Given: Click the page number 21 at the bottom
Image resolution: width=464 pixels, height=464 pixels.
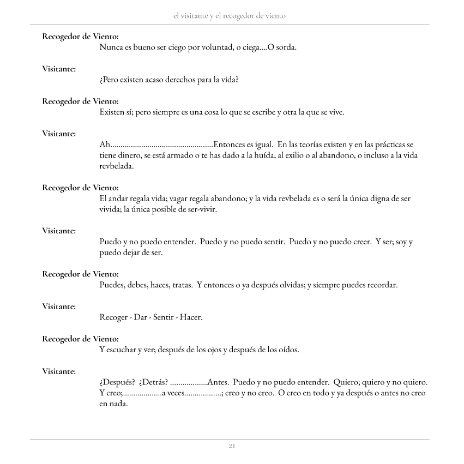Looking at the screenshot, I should pos(232,446).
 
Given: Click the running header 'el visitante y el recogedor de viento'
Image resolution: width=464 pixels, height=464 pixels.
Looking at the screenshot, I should pos(229,16).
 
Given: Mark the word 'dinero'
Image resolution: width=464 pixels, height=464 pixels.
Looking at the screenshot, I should pos(129,155).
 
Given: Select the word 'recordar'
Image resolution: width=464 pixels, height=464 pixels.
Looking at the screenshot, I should pos(382,285).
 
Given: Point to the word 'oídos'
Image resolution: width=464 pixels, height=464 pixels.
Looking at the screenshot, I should pos(287,349).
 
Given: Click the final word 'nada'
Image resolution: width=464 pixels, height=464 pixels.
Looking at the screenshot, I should pos(117,404).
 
